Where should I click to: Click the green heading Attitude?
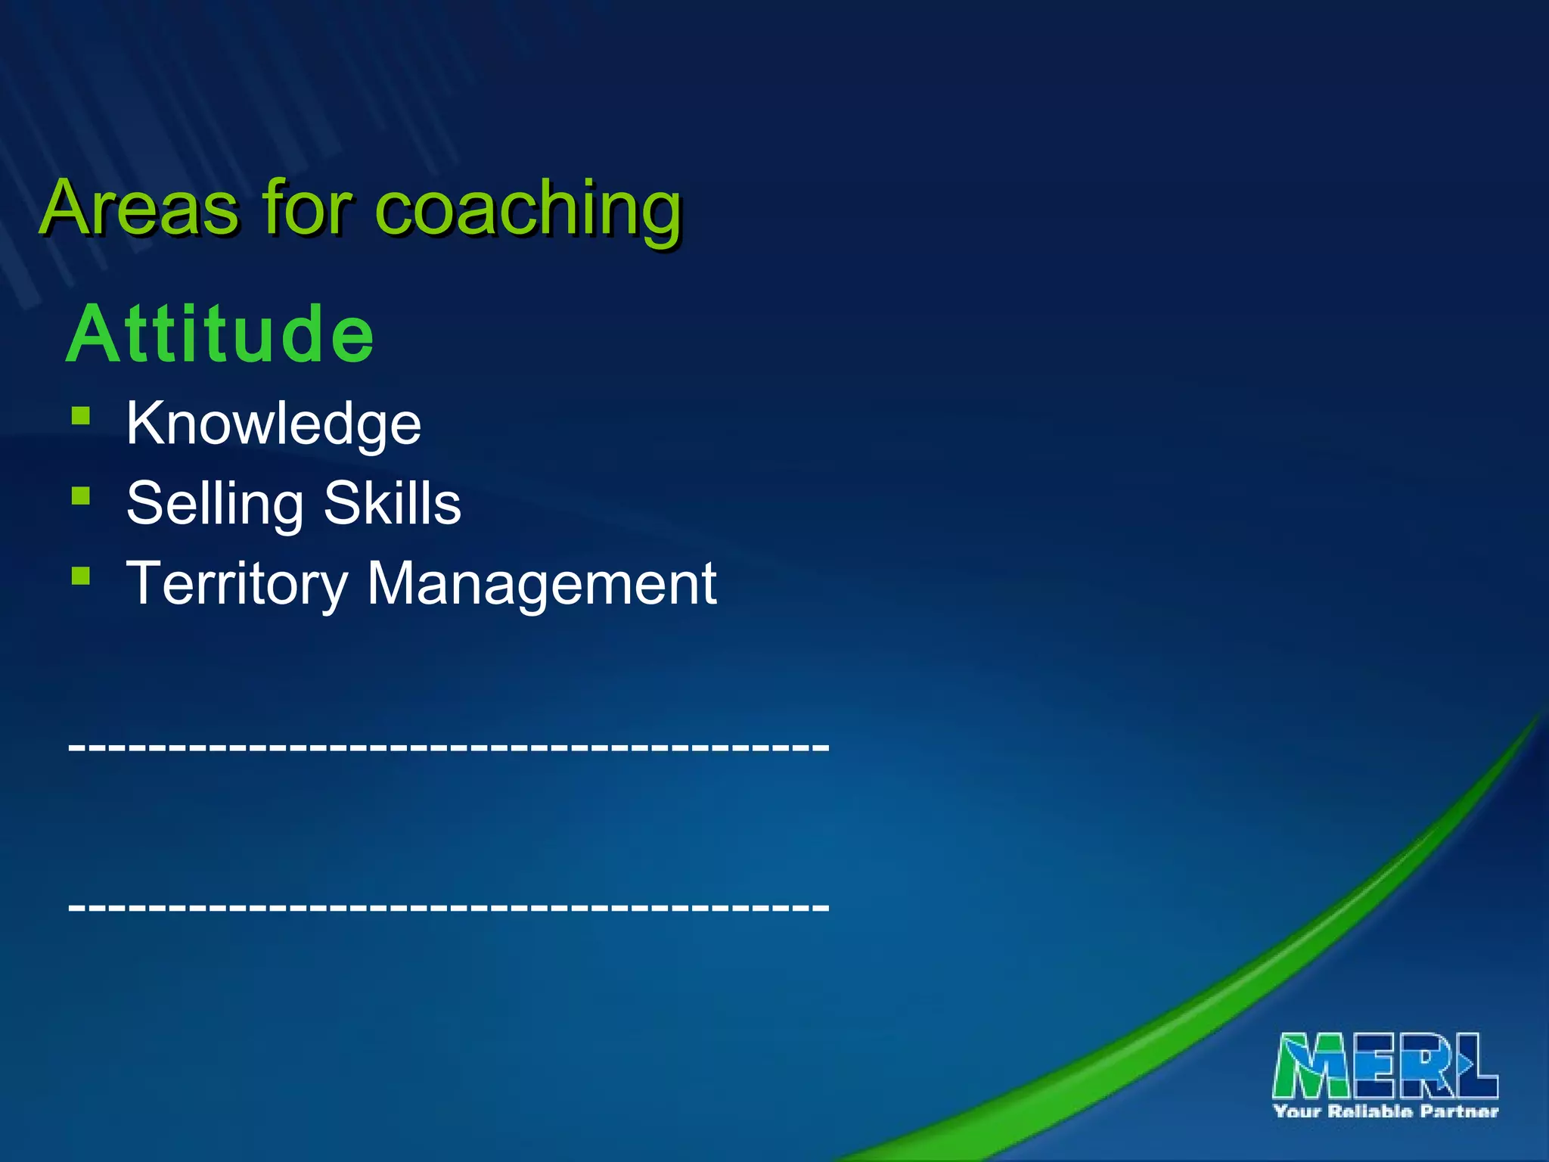tap(220, 334)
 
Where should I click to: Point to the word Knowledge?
tap(273, 424)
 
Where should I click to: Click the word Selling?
tap(215, 504)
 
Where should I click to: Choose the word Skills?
tap(393, 502)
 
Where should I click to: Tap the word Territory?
tap(236, 584)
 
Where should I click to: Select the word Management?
tap(542, 584)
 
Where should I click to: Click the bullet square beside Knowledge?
tap(81, 416)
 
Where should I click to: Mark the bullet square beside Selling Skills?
tap(81, 496)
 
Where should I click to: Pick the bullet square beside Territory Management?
tap(81, 576)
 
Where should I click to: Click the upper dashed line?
tap(449, 746)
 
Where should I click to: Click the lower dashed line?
tap(449, 906)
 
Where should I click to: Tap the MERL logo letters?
tap(1385, 1065)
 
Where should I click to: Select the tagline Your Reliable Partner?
tap(1385, 1111)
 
